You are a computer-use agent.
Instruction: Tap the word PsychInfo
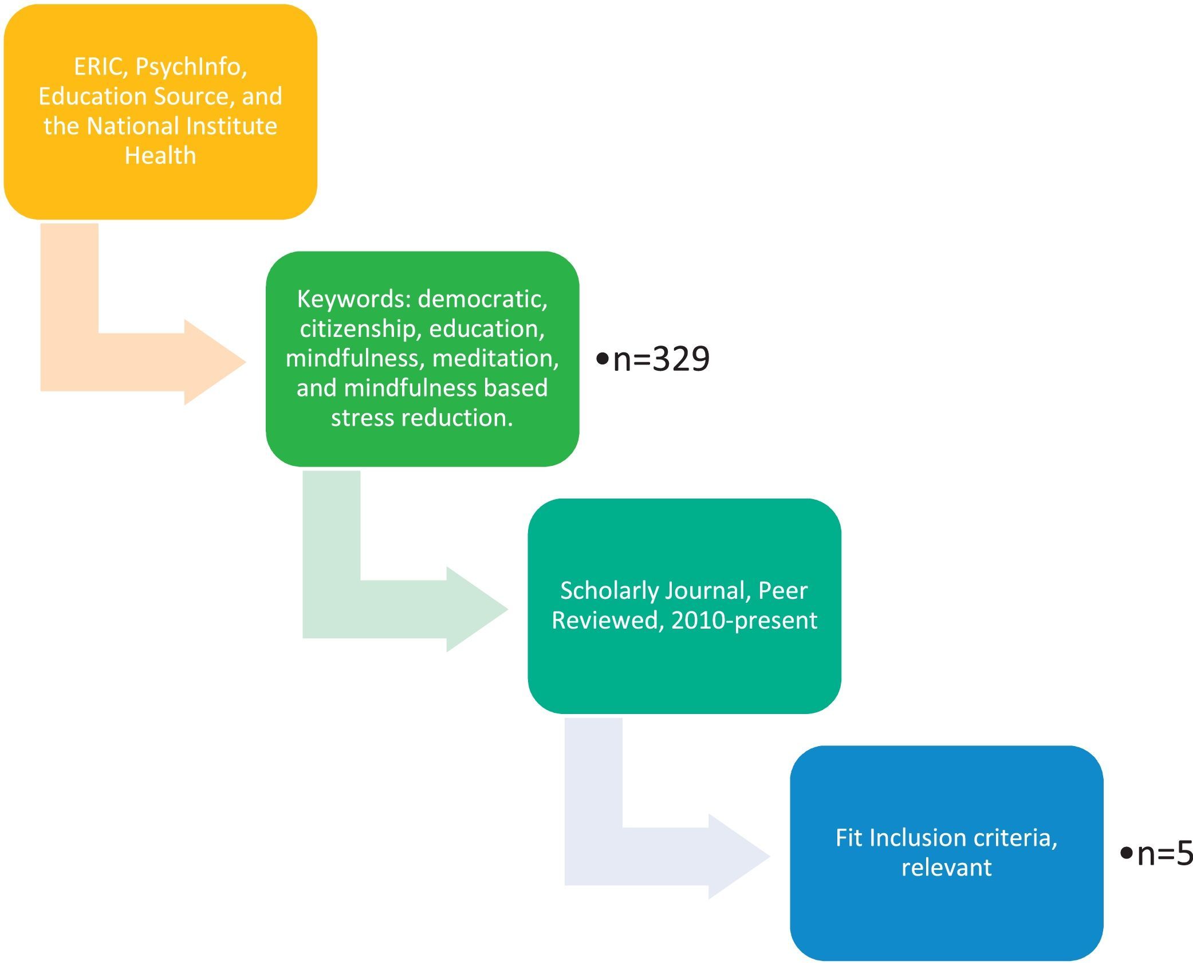click(x=191, y=67)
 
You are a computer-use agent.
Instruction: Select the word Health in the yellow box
click(x=160, y=156)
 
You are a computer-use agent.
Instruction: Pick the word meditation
click(x=495, y=359)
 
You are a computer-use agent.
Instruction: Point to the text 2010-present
click(x=744, y=621)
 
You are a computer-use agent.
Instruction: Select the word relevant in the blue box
click(x=946, y=868)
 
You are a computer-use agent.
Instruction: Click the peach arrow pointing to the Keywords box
click(x=143, y=362)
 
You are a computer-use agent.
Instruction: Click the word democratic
click(x=482, y=300)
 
